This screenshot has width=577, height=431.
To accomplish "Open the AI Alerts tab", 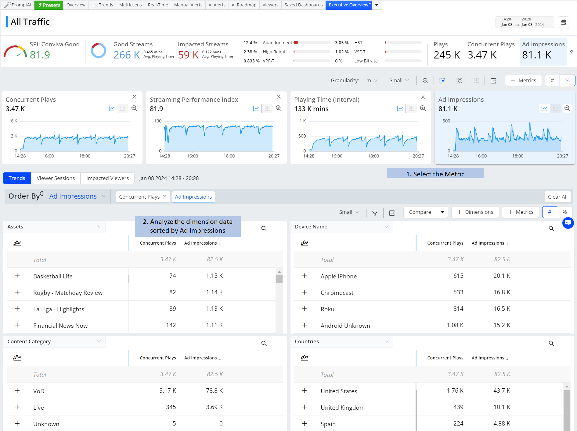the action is [217, 5].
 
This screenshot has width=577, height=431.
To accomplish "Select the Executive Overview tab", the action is [348, 5].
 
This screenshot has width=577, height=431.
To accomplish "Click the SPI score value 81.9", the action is [40, 55].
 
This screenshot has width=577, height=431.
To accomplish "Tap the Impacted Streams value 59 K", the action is [188, 55].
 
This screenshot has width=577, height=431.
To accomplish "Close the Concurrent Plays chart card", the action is [134, 97].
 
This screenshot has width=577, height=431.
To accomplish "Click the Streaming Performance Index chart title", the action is [194, 100].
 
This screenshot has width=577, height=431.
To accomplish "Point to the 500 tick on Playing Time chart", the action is [302, 136].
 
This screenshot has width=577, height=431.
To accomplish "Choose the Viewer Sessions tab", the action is [56, 178].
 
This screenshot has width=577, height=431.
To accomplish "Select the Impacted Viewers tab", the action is [107, 178].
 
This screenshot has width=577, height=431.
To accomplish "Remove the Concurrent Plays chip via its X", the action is [164, 197].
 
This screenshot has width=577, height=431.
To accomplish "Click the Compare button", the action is [420, 212].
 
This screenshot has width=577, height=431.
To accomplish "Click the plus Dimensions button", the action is [475, 212].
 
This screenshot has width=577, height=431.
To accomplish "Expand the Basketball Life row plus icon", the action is [17, 276].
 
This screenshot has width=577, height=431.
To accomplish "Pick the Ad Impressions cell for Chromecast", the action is [502, 292].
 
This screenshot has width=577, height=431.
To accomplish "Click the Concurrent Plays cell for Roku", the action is [458, 309].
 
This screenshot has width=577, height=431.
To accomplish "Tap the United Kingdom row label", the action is [343, 408].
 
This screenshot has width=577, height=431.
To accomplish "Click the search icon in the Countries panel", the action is [551, 343].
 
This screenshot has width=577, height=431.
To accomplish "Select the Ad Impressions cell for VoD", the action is [215, 391].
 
